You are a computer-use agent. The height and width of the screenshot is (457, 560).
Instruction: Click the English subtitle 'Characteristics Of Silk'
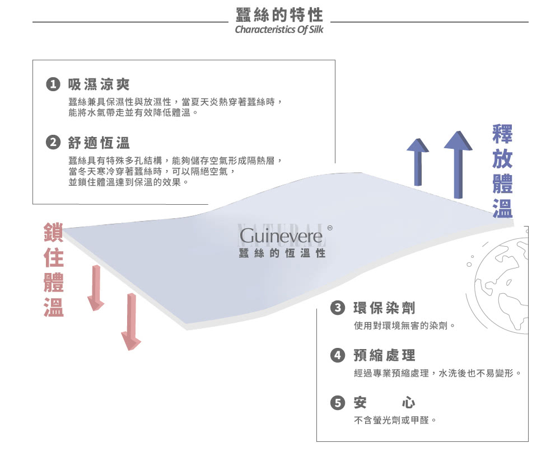[279, 29]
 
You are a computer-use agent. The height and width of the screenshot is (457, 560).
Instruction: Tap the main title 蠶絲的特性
[279, 15]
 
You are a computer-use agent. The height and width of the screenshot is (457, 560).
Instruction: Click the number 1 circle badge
[53, 84]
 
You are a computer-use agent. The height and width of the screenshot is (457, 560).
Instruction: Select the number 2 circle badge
[53, 143]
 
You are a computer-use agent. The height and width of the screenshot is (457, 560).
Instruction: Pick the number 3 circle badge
[338, 308]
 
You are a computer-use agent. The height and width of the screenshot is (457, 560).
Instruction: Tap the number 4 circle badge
[338, 355]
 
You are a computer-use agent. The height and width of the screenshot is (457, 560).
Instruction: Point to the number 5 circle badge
[338, 403]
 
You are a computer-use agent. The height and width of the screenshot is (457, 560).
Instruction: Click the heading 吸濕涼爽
[99, 84]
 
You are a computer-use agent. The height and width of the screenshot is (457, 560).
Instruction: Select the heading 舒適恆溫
[99, 143]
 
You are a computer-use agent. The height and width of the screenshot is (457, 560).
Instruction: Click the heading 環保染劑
[384, 308]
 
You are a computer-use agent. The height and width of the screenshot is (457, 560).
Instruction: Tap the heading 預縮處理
[384, 355]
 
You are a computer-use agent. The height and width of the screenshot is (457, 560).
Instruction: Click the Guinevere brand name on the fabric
[281, 236]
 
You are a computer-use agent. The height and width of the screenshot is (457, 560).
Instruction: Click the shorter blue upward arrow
[418, 162]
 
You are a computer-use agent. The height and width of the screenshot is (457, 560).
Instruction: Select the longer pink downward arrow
[131, 322]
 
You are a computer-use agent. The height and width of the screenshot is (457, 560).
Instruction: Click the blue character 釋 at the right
[502, 134]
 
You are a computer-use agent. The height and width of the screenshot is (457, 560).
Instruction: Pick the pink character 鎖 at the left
[54, 232]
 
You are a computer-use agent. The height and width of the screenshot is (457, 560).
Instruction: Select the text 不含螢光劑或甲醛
[391, 420]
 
